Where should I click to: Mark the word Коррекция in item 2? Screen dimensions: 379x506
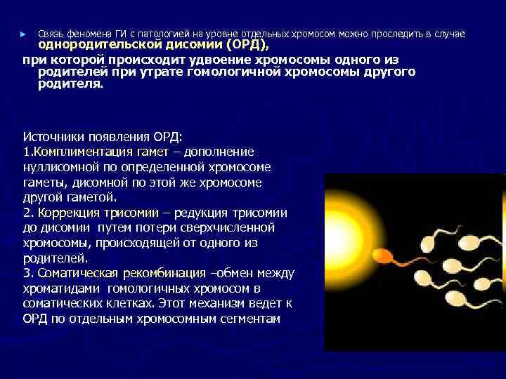click(67, 213)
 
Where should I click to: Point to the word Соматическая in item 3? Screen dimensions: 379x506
click(77, 273)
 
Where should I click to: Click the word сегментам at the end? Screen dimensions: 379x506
click(252, 319)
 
